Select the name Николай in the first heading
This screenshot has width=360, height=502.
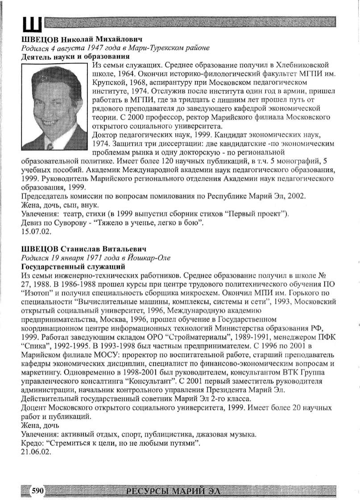click(76, 39)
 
